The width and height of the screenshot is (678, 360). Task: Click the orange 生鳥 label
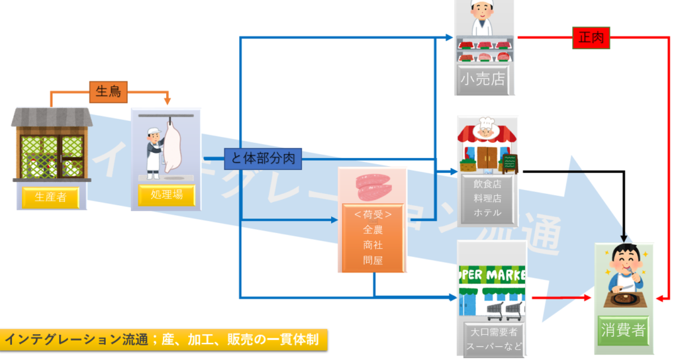pyautogui.click(x=108, y=92)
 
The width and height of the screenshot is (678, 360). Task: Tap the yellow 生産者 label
pyautogui.click(x=50, y=197)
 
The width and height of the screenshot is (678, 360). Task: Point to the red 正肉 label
pyautogui.click(x=591, y=38)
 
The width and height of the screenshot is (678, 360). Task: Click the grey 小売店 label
pyautogui.click(x=483, y=80)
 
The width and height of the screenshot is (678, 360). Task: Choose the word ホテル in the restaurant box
pyautogui.click(x=487, y=212)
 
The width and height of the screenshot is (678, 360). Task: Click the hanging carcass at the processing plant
pyautogui.click(x=173, y=146)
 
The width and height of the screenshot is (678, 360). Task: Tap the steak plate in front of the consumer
pyautogui.click(x=624, y=298)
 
